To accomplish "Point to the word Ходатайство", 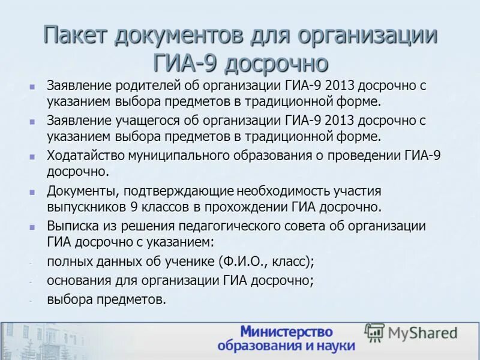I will [x=86, y=156].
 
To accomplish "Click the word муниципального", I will [x=177, y=156].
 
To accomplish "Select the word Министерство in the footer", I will [x=286, y=332].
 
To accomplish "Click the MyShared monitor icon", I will [x=375, y=332].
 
